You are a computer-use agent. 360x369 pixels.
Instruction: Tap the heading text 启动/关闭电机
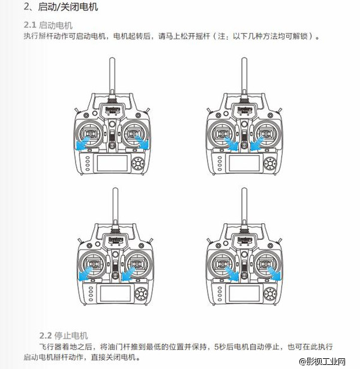pyautogui.click(x=68, y=8)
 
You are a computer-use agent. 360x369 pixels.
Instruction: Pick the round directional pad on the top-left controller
pyautogui.click(x=140, y=163)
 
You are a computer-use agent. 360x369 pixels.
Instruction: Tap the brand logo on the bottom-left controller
pyautogui.click(x=112, y=239)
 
